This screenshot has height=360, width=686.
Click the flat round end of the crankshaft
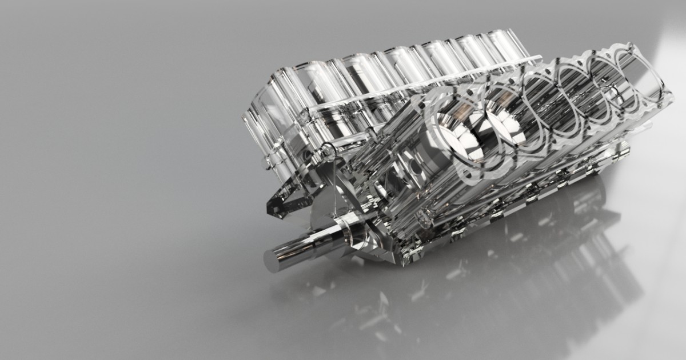(272, 259)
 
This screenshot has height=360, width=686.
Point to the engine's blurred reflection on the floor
(514, 274)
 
